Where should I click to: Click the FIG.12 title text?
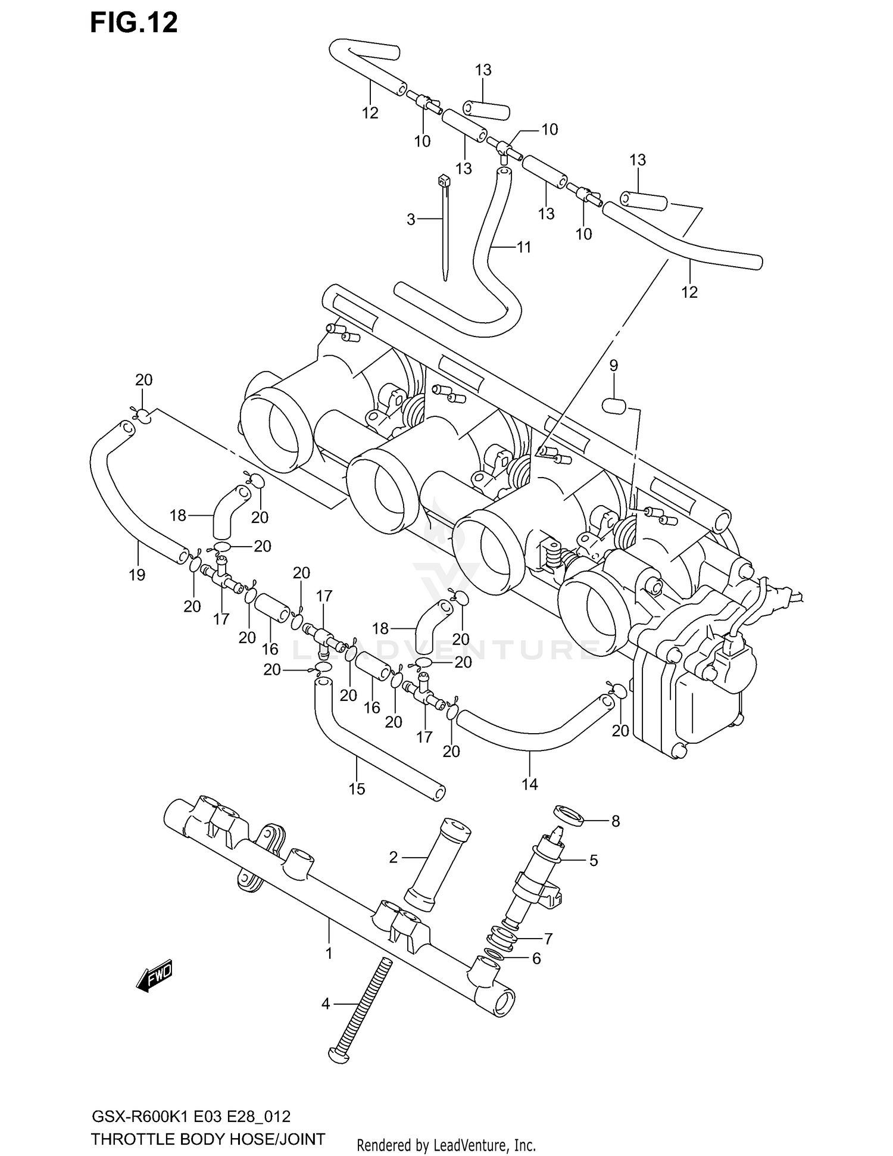point(134,23)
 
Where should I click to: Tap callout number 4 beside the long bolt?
point(325,1004)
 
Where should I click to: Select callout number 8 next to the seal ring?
point(616,821)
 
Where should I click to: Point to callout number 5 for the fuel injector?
point(594,860)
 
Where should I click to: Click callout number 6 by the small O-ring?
point(536,958)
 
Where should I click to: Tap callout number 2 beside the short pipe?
point(393,858)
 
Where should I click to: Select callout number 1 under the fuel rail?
point(329,953)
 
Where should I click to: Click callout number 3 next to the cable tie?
point(411,220)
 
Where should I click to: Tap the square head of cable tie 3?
point(442,179)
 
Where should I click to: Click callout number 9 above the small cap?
point(614,365)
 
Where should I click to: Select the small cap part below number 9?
point(613,406)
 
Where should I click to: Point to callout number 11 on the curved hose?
point(524,247)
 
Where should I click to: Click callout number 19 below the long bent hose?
point(137,575)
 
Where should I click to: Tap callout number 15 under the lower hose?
point(357,789)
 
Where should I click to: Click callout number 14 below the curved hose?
point(529,784)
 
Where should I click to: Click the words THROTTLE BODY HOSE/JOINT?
point(208,1139)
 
